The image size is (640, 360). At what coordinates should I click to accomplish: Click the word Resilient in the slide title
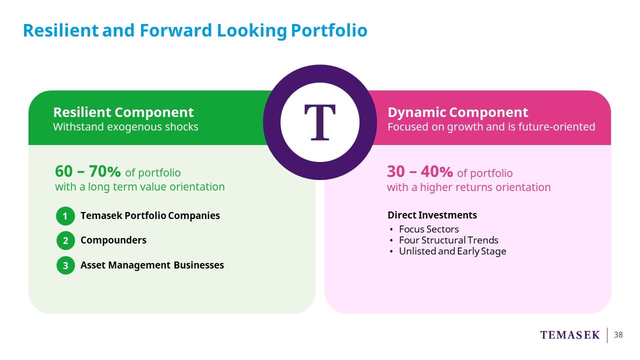pyautogui.click(x=60, y=30)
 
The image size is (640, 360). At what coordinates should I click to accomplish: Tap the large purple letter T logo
pyautogui.click(x=319, y=122)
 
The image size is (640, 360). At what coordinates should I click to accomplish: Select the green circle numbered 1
pyautogui.click(x=65, y=216)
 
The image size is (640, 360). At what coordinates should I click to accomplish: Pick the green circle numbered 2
pyautogui.click(x=65, y=240)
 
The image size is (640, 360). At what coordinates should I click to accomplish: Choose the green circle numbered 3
pyautogui.click(x=65, y=265)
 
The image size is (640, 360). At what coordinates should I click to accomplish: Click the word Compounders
pyautogui.click(x=113, y=240)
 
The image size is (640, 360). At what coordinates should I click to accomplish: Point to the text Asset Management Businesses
pyautogui.click(x=152, y=265)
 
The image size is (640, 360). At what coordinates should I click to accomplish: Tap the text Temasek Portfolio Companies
pyautogui.click(x=150, y=215)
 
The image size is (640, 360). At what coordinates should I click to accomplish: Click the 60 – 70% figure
pyautogui.click(x=87, y=171)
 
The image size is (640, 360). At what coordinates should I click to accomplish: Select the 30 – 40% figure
pyautogui.click(x=420, y=171)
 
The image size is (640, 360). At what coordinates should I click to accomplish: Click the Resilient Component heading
pyautogui.click(x=123, y=112)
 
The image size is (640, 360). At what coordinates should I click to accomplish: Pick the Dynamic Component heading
pyautogui.click(x=458, y=112)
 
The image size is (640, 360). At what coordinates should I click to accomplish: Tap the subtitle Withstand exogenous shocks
pyautogui.click(x=125, y=127)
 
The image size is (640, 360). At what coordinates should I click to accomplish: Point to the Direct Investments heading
pyautogui.click(x=432, y=215)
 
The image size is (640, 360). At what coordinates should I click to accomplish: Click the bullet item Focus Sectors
pyautogui.click(x=429, y=229)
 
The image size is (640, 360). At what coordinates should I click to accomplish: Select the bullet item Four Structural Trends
pyautogui.click(x=448, y=240)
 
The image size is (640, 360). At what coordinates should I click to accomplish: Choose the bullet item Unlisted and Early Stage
pyautogui.click(x=452, y=251)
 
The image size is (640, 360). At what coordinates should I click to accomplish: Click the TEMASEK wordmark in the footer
pyautogui.click(x=569, y=335)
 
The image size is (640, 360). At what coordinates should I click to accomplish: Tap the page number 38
pyautogui.click(x=618, y=335)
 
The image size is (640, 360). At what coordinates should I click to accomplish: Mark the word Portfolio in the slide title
pyautogui.click(x=329, y=30)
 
